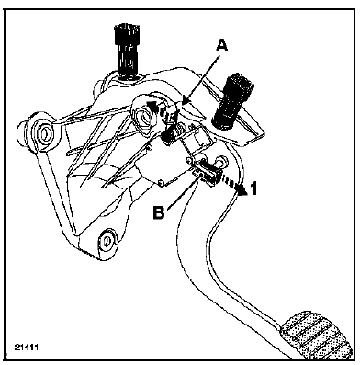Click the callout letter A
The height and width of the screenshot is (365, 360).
(221, 46)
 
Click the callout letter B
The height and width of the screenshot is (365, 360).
(159, 211)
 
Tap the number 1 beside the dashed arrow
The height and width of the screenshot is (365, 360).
(254, 188)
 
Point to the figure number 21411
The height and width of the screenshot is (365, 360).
(26, 348)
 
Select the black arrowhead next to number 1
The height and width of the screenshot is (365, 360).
(242, 190)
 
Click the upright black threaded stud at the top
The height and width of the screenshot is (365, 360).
(127, 51)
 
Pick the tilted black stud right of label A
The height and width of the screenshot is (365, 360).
(231, 101)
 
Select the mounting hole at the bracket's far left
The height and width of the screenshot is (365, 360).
(43, 133)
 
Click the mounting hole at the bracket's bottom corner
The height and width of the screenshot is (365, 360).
(107, 239)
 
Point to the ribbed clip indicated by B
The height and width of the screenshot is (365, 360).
(207, 173)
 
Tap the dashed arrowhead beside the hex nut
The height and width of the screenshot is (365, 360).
(152, 107)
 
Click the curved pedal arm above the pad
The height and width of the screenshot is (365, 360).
(220, 251)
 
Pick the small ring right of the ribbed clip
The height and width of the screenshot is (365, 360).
(219, 161)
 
